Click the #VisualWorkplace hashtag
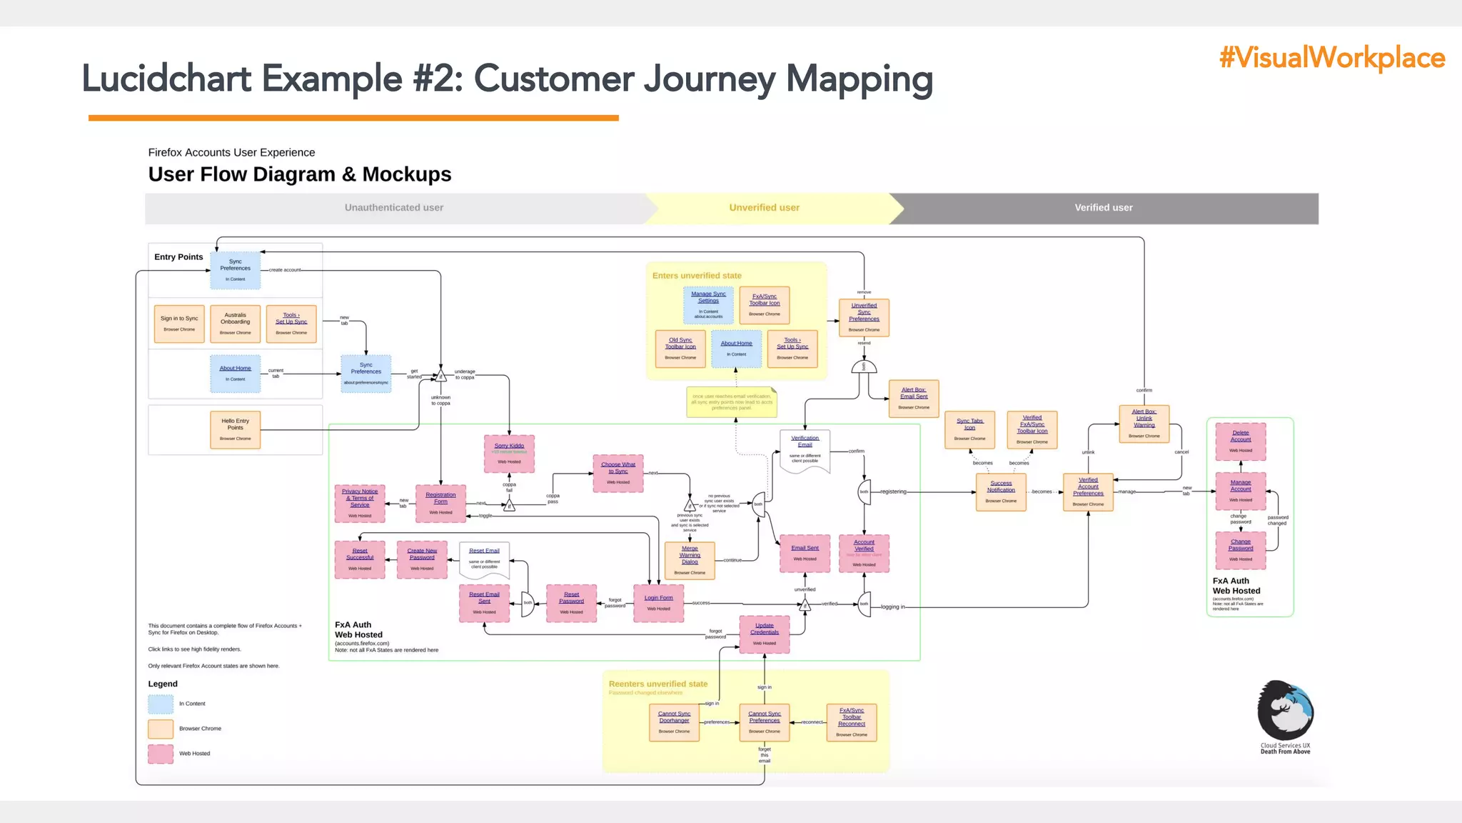coord(1331,58)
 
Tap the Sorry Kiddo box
coord(509,454)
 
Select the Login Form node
coord(658,603)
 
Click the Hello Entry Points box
coord(236,429)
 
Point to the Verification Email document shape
coord(805,451)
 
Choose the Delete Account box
coord(1240,441)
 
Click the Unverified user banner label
coord(764,208)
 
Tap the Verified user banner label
coord(1103,208)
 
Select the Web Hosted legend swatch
coord(161,754)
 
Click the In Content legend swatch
coord(161,704)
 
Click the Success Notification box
coord(1001,492)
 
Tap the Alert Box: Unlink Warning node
coord(1144,423)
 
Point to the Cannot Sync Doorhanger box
coord(674,722)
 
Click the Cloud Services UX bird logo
coord(1285,711)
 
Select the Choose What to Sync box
coord(617,473)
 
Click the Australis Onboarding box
coord(236,323)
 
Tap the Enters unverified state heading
coord(697,276)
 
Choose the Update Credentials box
coord(764,634)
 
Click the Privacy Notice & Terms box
coord(360,503)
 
